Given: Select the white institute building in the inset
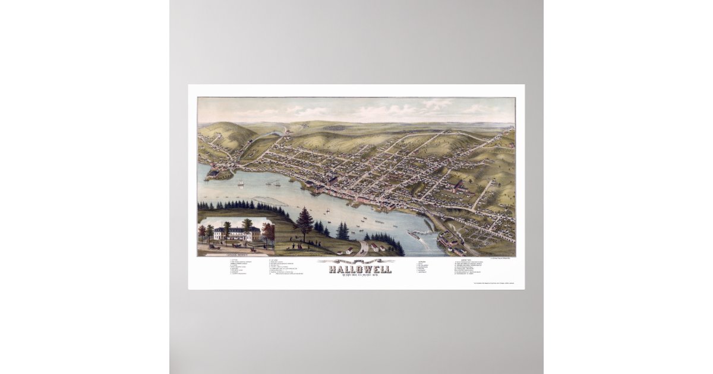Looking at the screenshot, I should click(x=236, y=233).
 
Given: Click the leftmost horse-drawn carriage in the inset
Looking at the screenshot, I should click(x=211, y=246).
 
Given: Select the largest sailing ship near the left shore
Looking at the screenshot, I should click(x=241, y=183).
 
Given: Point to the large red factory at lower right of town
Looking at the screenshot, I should click(x=458, y=187).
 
